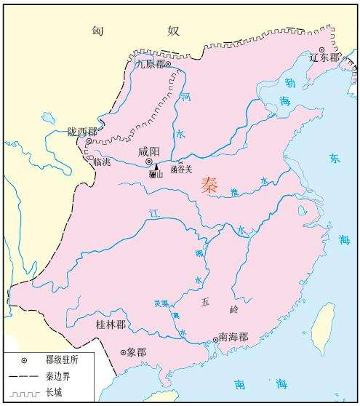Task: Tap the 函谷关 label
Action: [x=181, y=170]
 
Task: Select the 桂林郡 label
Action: [x=110, y=324]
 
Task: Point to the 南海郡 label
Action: [x=233, y=338]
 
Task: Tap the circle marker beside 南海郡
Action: [x=215, y=339]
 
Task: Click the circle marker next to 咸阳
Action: [x=149, y=161]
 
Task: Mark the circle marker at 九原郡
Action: [x=168, y=64]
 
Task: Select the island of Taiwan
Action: [x=323, y=327]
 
